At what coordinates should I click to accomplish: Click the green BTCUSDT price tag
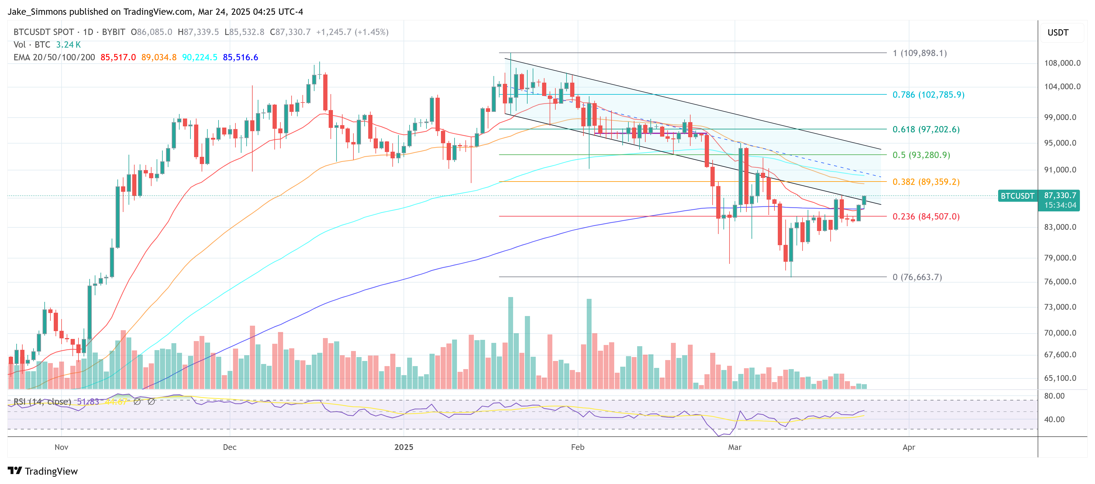(1017, 196)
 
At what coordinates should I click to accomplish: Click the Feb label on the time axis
(577, 447)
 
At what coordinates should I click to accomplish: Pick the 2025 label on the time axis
(404, 447)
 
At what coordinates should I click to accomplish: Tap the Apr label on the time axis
(908, 447)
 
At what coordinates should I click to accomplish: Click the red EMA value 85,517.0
(118, 57)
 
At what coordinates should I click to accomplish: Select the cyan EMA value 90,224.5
(200, 57)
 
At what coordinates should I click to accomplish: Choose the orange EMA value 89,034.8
(158, 57)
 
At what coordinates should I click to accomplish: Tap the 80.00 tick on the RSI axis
(1054, 396)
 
